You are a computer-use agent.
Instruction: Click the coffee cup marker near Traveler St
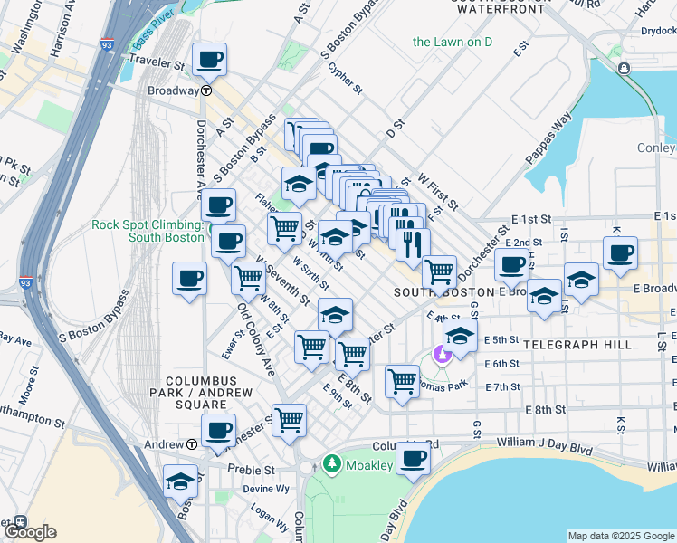(209, 60)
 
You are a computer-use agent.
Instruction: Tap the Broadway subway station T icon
(206, 90)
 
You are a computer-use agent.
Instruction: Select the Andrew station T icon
(192, 444)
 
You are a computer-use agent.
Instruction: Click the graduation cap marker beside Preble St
(181, 481)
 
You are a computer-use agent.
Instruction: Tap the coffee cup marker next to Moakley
(413, 458)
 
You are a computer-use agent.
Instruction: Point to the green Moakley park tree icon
(332, 464)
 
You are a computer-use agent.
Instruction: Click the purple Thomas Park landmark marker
(443, 355)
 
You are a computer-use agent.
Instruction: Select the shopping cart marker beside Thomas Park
(402, 381)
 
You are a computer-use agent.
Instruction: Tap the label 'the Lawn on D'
(452, 42)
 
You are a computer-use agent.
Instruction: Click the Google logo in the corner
(29, 531)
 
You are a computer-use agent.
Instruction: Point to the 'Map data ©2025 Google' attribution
(621, 536)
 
